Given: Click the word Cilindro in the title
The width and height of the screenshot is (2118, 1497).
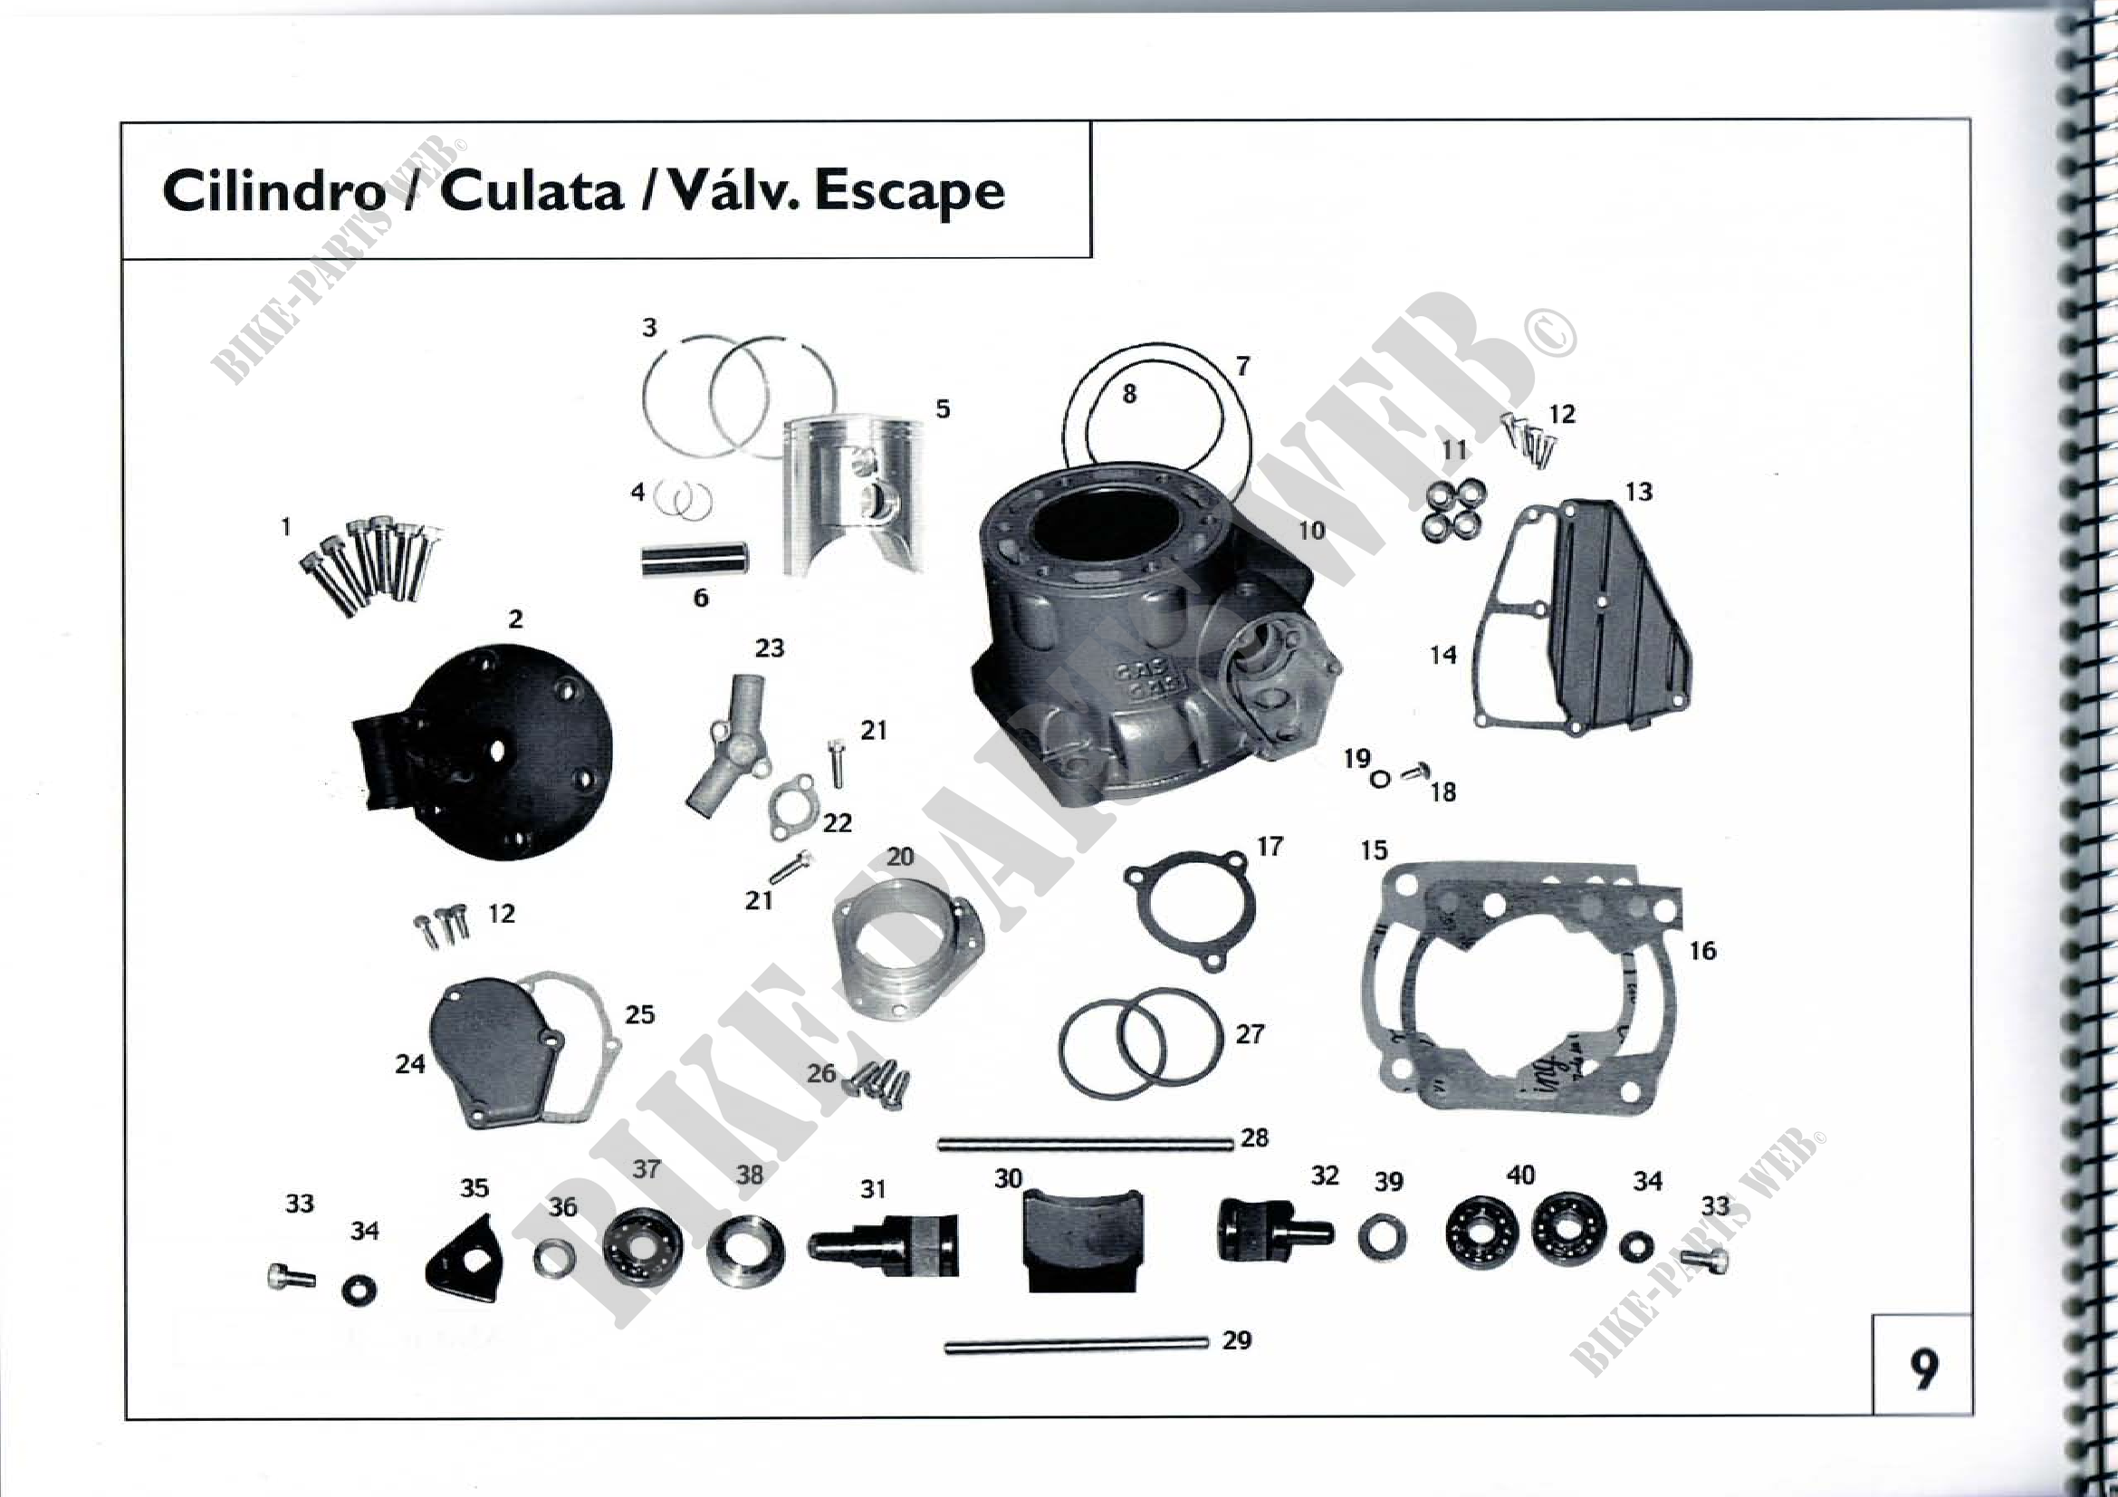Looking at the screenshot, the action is click(274, 191).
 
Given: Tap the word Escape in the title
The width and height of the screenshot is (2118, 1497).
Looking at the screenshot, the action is click(908, 193).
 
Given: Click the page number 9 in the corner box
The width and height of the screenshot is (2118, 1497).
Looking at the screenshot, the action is click(1922, 1369).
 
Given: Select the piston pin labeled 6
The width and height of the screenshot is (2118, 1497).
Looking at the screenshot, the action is click(695, 559).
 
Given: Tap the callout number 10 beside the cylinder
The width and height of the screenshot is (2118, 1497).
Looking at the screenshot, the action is click(1311, 531).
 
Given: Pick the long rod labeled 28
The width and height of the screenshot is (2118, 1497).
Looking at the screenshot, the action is click(1086, 1145).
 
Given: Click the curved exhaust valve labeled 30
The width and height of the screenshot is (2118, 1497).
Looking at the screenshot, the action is click(1083, 1240).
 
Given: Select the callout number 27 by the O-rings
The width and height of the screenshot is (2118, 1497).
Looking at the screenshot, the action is click(1249, 1034).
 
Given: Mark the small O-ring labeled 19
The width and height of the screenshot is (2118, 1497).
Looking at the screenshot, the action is click(1380, 780).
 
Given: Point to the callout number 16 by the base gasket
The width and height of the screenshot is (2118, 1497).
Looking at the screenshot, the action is click(1702, 950).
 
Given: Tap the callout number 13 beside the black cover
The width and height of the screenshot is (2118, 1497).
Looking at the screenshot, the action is click(1638, 492).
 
